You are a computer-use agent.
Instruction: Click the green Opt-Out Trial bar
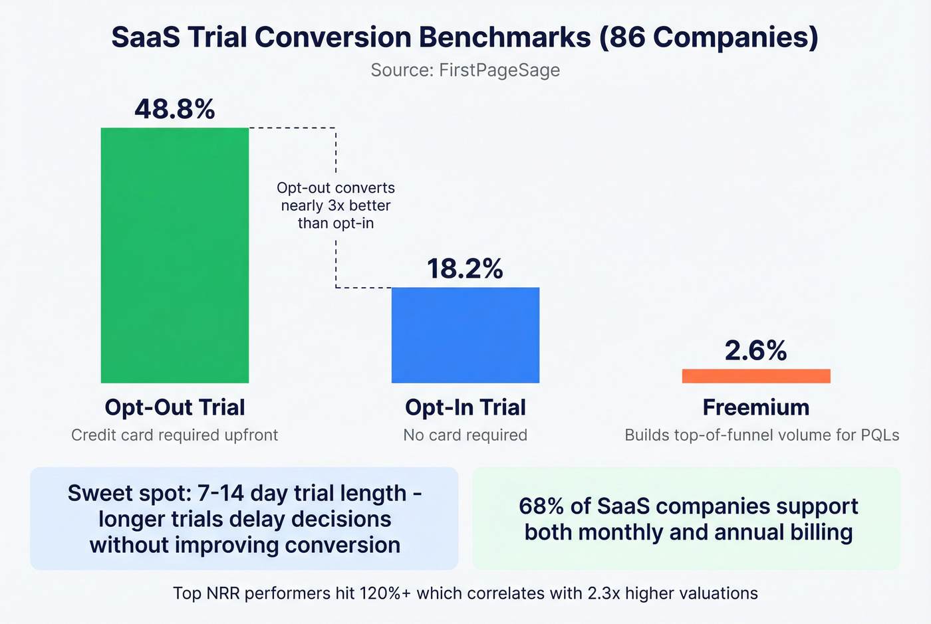tap(174, 255)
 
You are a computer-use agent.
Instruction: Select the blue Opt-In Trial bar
tap(465, 335)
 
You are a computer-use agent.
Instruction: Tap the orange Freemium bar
tap(756, 376)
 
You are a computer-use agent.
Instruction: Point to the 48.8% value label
tap(175, 109)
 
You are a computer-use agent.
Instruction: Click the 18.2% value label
tap(465, 268)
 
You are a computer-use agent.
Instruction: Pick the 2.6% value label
tap(756, 350)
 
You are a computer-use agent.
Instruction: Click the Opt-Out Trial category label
tap(175, 407)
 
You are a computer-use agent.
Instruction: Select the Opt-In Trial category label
tap(465, 407)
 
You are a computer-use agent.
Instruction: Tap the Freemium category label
tap(756, 407)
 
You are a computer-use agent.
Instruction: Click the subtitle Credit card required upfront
tap(175, 435)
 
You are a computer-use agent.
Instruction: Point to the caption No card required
tap(465, 435)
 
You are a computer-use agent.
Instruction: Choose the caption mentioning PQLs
tap(761, 435)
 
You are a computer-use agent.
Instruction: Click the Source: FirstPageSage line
tap(465, 70)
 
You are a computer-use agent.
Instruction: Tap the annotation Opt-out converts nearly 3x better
tap(336, 205)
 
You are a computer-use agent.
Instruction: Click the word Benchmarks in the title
tap(505, 37)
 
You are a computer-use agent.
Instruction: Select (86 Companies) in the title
tap(708, 37)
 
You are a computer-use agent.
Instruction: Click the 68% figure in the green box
tap(541, 506)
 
